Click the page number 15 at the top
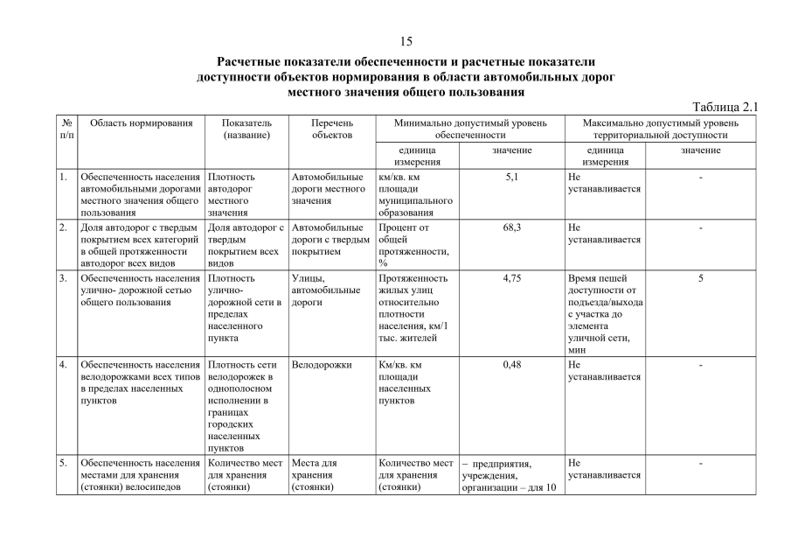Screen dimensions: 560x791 coord(406,41)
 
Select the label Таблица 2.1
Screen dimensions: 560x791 coord(725,107)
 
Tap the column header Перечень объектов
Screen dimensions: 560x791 coord(332,129)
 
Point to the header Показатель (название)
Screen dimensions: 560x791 coord(246,129)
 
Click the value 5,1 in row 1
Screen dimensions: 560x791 coord(512,177)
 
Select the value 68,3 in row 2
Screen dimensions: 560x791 coord(512,227)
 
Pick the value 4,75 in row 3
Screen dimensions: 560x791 coord(512,278)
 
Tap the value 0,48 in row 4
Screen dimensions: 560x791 coord(512,365)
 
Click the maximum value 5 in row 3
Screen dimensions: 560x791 coord(701,278)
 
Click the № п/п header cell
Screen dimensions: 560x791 coord(66,129)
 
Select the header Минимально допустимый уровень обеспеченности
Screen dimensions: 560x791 coord(470,129)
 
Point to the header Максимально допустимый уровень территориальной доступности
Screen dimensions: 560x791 coord(660,129)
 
